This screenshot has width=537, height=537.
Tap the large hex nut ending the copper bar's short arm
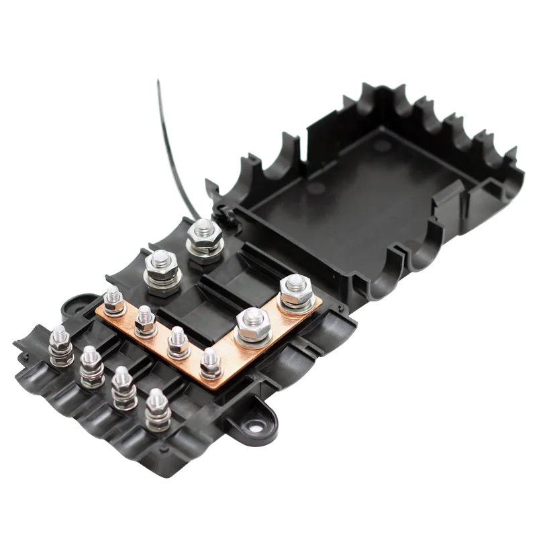coord(293,291)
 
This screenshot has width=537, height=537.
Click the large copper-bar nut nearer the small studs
coord(253,324)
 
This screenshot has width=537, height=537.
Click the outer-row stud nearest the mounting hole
coord(157,409)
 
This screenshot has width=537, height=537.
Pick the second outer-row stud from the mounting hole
coord(123,387)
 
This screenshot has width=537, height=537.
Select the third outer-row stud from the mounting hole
coord(92,366)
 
